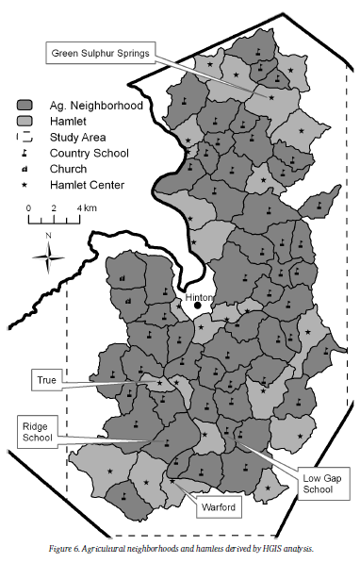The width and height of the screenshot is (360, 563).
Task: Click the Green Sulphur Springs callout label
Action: click(99, 53)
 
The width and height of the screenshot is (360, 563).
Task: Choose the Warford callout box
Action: click(217, 507)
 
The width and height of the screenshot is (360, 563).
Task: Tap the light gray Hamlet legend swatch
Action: click(25, 122)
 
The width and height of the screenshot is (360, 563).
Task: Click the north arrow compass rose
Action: click(46, 255)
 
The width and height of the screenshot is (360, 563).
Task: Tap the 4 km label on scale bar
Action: click(82, 207)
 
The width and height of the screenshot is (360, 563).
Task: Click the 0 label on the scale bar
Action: click(28, 207)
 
